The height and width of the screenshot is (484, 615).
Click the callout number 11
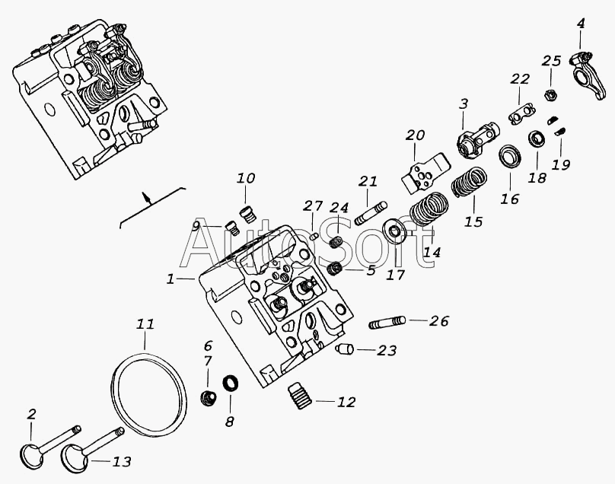pyautogui.click(x=145, y=325)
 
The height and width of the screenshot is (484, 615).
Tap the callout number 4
pyautogui.click(x=581, y=24)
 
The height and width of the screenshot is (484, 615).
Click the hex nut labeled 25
pyautogui.click(x=550, y=94)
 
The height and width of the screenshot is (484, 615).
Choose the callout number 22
pyautogui.click(x=520, y=79)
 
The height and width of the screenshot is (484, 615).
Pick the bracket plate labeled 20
pyautogui.click(x=425, y=173)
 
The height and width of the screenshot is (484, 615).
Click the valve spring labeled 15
pyautogui.click(x=469, y=182)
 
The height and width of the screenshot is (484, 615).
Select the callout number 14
pyautogui.click(x=432, y=252)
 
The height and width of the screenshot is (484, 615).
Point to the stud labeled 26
pyautogui.click(x=387, y=323)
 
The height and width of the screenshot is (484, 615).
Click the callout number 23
pyautogui.click(x=387, y=350)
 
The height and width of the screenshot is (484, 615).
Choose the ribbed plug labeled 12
pyautogui.click(x=300, y=396)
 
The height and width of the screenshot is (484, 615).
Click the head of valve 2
pyautogui.click(x=31, y=455)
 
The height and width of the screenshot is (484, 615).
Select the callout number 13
pyautogui.click(x=122, y=461)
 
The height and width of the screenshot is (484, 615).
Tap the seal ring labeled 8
pyautogui.click(x=231, y=384)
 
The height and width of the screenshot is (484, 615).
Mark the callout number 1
pyautogui.click(x=170, y=279)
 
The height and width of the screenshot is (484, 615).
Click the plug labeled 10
pyautogui.click(x=247, y=214)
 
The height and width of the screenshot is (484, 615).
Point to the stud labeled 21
pyautogui.click(x=371, y=213)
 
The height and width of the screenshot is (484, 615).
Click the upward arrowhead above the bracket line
pyautogui.click(x=146, y=195)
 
